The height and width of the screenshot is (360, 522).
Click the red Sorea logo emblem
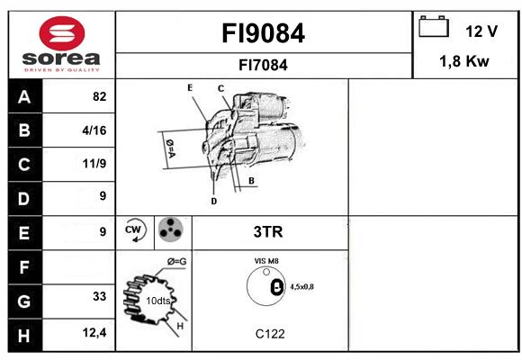point(62,33)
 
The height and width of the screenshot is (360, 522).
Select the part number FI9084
point(263,33)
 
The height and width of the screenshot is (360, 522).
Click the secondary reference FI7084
point(263,65)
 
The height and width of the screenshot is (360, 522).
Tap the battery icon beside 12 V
point(434,26)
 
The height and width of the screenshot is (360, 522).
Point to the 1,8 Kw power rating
point(464,61)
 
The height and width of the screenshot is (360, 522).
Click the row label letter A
point(24,97)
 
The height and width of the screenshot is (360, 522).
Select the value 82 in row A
point(100,96)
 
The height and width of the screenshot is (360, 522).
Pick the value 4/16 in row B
point(94,130)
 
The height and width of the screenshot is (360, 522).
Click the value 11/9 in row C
point(94,164)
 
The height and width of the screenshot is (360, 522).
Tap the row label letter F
point(24,267)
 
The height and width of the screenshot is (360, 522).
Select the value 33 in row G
point(100,296)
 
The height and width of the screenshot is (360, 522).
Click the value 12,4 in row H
point(94,332)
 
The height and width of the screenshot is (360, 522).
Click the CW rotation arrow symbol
point(135,229)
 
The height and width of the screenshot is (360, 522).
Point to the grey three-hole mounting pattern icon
point(170,229)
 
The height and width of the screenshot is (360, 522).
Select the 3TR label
point(268,232)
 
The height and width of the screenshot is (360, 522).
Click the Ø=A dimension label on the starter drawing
point(170,148)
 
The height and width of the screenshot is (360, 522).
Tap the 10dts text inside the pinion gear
point(158,301)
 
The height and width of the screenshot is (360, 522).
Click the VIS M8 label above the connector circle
point(266,261)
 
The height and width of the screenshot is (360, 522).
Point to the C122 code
point(270,334)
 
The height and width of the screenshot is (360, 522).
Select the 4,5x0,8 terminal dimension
point(301,287)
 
